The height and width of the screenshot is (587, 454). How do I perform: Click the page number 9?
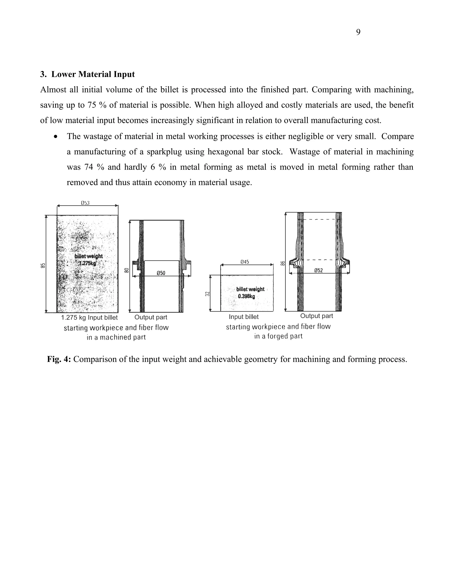pyautogui.click(x=358, y=32)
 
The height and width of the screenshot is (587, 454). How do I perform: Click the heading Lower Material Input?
pyautogui.click(x=93, y=74)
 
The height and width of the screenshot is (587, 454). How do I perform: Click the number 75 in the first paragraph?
pyautogui.click(x=92, y=105)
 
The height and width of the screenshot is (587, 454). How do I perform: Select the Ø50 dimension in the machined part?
pyautogui.click(x=161, y=273)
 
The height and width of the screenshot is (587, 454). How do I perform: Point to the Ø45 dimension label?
pyautogui.click(x=245, y=262)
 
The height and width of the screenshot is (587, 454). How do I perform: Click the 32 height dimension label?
pyautogui.click(x=207, y=294)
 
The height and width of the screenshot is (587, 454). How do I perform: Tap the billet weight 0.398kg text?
pyautogui.click(x=250, y=293)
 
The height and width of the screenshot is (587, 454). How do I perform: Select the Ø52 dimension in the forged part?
pyautogui.click(x=319, y=270)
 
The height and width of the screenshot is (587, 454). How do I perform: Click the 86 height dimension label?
pyautogui.click(x=283, y=263)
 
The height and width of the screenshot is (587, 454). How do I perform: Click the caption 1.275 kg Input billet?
pyautogui.click(x=89, y=318)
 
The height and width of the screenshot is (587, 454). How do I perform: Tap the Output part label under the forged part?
pyautogui.click(x=317, y=316)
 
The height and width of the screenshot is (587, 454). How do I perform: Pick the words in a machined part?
pyautogui.click(x=116, y=337)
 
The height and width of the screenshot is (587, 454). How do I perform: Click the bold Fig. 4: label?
pyautogui.click(x=59, y=359)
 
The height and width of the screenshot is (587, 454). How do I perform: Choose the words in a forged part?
pyautogui.click(x=278, y=336)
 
